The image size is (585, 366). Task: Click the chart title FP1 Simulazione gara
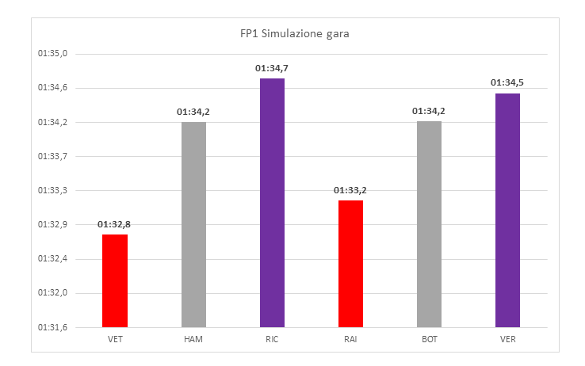[x=295, y=35]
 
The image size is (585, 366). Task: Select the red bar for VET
[x=115, y=280]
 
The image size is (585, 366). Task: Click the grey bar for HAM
[x=193, y=224]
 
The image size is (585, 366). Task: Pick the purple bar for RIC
[x=272, y=202]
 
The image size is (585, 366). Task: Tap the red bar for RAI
[x=350, y=263]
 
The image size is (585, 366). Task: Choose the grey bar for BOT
[x=429, y=224]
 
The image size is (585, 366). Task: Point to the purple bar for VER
[x=507, y=210]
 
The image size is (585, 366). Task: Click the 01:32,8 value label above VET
[x=115, y=224]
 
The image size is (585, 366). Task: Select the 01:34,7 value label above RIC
[x=272, y=68]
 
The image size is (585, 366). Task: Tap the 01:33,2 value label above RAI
[x=350, y=190]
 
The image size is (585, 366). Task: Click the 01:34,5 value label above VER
[x=507, y=82]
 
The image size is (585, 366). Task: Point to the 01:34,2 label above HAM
[x=193, y=112]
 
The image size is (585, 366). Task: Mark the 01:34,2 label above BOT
[x=429, y=111]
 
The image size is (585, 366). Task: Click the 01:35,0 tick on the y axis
[x=54, y=54]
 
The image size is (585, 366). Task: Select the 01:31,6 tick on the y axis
[x=54, y=327]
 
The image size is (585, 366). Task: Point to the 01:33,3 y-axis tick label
[x=54, y=191]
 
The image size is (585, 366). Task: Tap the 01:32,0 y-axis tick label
[x=54, y=293]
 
